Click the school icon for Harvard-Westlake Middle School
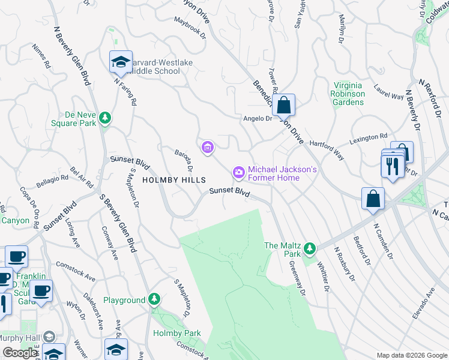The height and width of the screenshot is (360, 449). pyautogui.click(x=121, y=62)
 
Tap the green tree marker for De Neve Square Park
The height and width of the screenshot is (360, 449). pyautogui.click(x=105, y=117)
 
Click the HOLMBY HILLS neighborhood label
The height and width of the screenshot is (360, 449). pyautogui.click(x=173, y=180)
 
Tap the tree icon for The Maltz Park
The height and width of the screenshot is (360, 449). pyautogui.click(x=309, y=247)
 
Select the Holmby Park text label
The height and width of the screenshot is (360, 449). pyautogui.click(x=176, y=333)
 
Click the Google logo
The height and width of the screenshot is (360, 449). pyautogui.click(x=20, y=353)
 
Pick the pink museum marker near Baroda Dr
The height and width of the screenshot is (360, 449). pyautogui.click(x=208, y=146)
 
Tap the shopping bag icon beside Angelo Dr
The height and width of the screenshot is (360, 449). pyautogui.click(x=284, y=105)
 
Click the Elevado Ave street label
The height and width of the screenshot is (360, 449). pyautogui.click(x=423, y=303)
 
